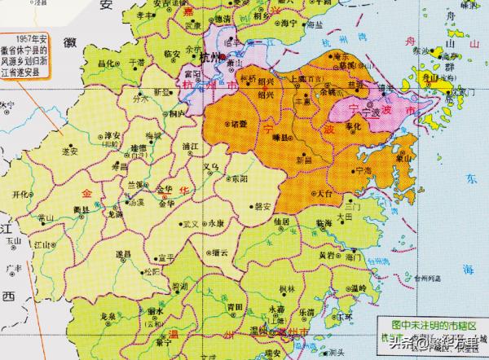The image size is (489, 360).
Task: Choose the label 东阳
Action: (237, 177)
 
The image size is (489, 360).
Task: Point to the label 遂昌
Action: (125, 254)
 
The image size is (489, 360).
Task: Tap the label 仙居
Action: (283, 221)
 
